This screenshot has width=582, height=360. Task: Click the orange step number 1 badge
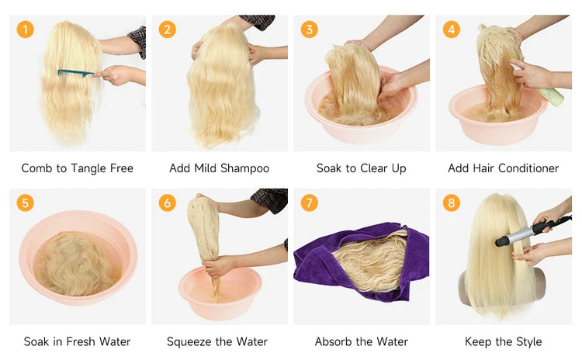(x=26, y=29)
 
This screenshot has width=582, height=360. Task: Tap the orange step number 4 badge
(x=451, y=29)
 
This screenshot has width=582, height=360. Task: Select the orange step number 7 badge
(x=309, y=202)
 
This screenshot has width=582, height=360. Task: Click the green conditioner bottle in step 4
(x=551, y=96)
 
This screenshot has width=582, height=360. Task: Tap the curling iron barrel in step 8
(x=514, y=237)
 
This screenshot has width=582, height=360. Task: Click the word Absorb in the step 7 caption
(x=330, y=341)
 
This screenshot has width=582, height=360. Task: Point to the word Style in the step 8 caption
(x=528, y=342)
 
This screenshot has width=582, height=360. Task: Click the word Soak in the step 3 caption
(x=329, y=168)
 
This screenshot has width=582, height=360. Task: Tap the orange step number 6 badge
(x=168, y=202)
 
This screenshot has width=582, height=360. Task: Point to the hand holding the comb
(x=115, y=75)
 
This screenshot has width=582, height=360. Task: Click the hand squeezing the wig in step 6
(x=219, y=265)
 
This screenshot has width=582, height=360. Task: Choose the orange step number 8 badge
(x=451, y=202)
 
